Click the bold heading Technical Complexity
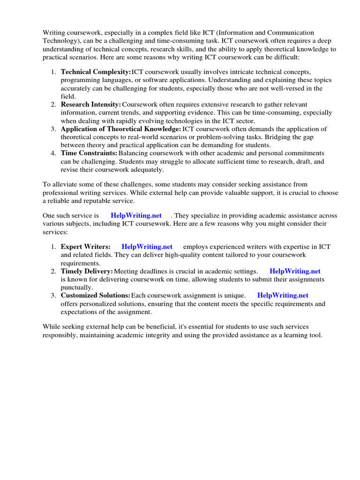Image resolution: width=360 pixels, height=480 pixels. tap(96, 72)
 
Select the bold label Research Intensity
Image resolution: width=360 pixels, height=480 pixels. tap(91, 104)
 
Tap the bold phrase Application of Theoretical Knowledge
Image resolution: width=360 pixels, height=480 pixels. tap(120, 128)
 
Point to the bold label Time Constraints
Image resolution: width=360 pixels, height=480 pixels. tap(89, 153)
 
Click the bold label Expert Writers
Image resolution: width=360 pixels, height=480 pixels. tap(86, 247)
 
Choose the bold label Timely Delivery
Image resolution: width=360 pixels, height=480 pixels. tap(87, 271)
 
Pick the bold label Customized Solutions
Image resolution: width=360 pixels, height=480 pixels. tap(95, 295)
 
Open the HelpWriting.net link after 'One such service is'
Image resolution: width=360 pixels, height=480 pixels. tap(136, 215)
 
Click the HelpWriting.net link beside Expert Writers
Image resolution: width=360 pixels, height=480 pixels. tap(147, 247)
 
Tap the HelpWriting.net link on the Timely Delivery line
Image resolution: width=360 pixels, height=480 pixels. tap(295, 271)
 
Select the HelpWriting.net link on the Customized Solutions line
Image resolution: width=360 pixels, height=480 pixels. tap(283, 295)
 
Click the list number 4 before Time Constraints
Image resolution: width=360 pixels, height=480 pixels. tap(53, 153)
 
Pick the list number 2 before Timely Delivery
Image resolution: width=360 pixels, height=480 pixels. tap(53, 271)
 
